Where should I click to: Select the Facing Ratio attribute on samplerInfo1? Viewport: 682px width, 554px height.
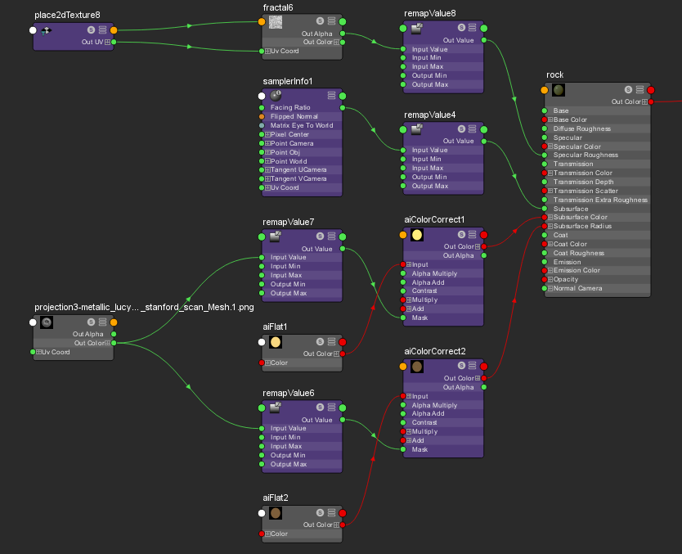tap(290, 107)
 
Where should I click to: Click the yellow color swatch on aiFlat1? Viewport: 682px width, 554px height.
tap(276, 342)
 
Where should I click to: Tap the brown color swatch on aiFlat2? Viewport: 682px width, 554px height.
tap(276, 513)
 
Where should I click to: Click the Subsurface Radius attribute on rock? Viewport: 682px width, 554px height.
tap(582, 227)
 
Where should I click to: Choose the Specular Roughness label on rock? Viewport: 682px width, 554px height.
tap(586, 155)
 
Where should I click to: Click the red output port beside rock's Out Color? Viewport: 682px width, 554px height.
tap(651, 101)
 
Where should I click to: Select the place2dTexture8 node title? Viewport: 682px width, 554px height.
tap(67, 16)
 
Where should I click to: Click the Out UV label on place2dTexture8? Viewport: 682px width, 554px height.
tap(92, 43)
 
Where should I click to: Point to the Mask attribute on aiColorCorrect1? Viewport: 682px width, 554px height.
tap(420, 318)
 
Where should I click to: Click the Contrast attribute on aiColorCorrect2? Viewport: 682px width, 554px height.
tap(424, 422)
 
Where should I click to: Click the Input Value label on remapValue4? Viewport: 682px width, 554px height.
tap(430, 150)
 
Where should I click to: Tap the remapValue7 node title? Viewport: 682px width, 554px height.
tap(288, 223)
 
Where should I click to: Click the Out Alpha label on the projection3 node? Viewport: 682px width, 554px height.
tap(87, 334)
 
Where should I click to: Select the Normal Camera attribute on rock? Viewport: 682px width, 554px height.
tap(577, 289)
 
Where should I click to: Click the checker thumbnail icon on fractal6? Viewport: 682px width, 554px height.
tap(276, 22)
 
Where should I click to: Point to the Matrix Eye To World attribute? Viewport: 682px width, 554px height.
tap(302, 125)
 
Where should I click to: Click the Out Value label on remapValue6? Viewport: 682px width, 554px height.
tap(316, 420)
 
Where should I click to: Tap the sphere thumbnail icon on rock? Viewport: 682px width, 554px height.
tap(559, 90)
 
